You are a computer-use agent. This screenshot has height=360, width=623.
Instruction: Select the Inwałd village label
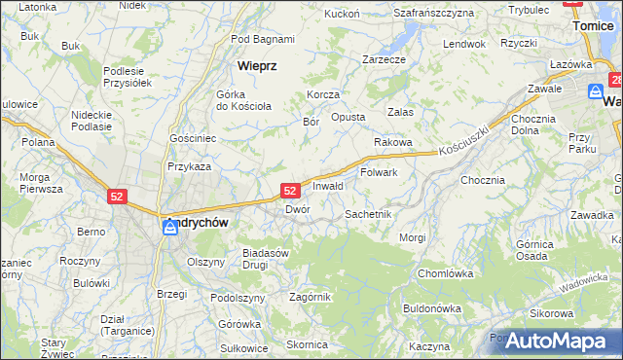[x=328, y=186]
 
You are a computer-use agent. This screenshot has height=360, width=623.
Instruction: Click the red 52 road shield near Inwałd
[x=290, y=191]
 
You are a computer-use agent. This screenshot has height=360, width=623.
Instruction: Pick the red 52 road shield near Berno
[x=117, y=197]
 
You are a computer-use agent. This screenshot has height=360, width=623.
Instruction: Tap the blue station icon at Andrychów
[x=169, y=227]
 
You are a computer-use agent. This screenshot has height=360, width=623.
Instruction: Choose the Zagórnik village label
[x=311, y=297]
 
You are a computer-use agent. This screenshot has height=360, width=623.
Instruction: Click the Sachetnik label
[x=368, y=213]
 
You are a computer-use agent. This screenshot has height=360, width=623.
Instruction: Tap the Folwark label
[x=379, y=172]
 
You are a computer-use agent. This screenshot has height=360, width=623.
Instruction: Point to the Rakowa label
[x=393, y=142]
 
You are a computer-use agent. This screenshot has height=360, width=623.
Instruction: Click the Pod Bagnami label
[x=263, y=39]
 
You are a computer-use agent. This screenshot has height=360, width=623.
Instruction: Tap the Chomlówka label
[x=444, y=273]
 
